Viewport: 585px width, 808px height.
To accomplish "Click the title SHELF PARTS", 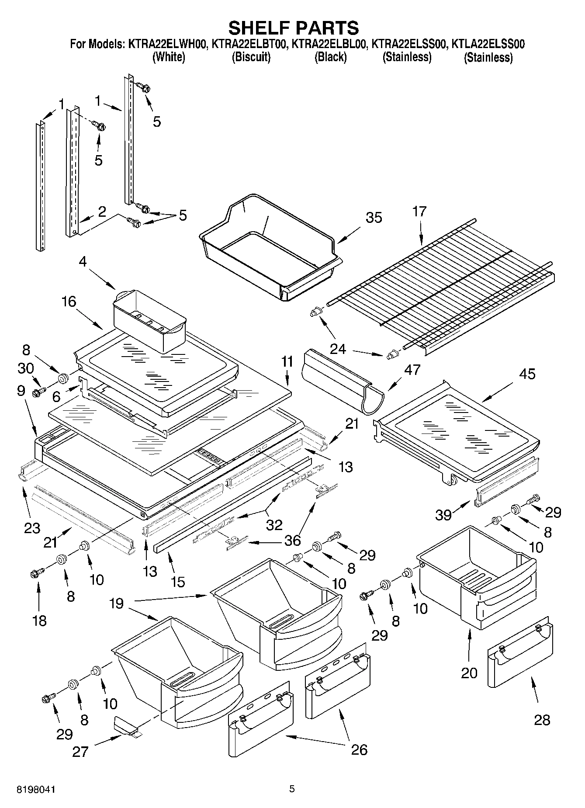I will coord(293,28).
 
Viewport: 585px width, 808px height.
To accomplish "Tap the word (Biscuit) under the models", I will coord(251,57).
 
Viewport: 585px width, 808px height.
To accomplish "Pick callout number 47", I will coord(412,370).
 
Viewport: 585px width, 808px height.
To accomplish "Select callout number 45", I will coord(527,374).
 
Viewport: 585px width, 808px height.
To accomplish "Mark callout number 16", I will coord(69,301).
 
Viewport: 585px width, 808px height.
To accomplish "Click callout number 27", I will coord(81,752).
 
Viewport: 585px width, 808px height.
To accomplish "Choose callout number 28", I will coord(542,720).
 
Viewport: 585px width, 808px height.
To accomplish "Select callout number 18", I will coord(39,620).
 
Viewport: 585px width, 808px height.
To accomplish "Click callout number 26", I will coord(360,749).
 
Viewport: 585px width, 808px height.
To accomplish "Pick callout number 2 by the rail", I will coord(102,212).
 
